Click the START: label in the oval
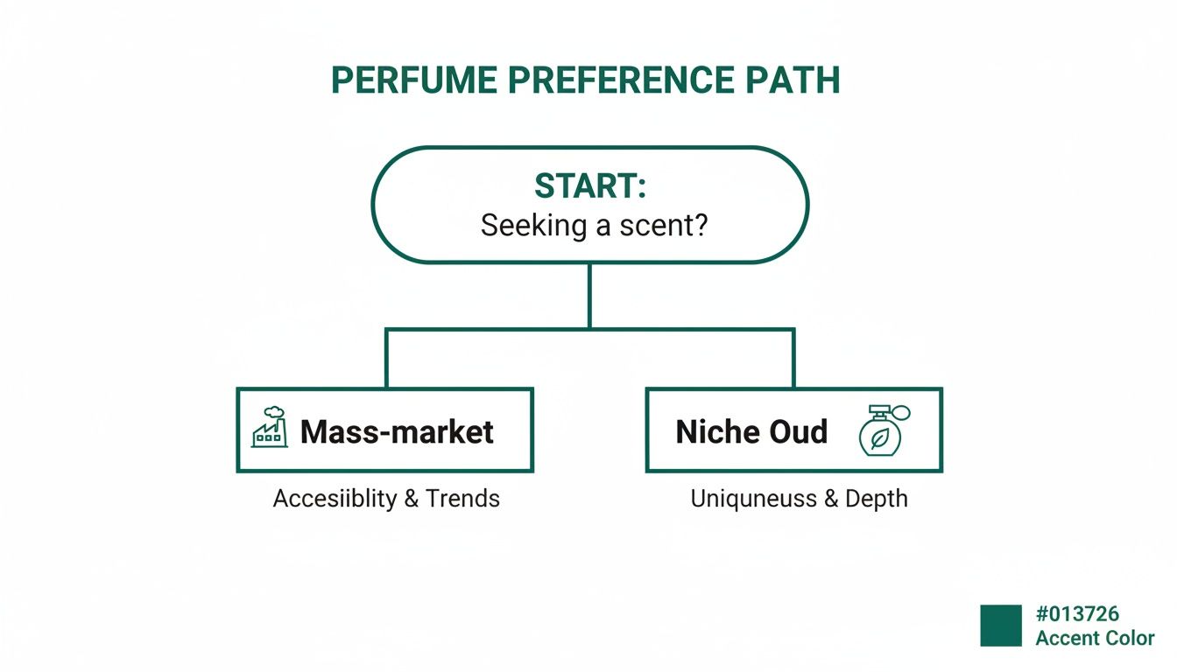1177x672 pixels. (x=589, y=186)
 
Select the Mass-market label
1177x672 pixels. (x=397, y=431)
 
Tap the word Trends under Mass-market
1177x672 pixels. (x=462, y=499)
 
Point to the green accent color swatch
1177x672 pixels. (x=1001, y=625)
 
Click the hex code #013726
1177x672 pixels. (x=1077, y=614)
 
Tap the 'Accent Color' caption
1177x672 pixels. (x=1095, y=638)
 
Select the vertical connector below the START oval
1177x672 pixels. (x=589, y=296)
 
